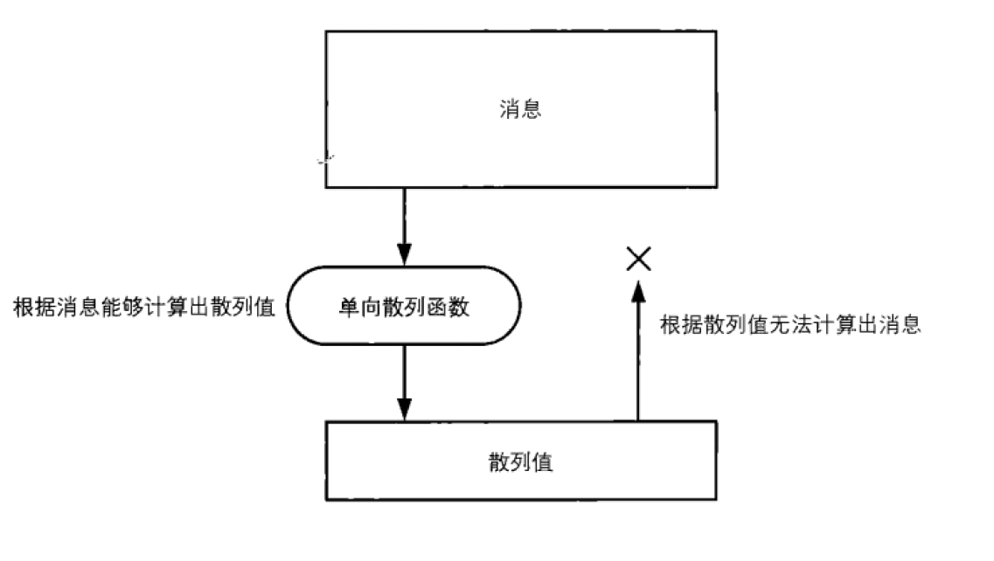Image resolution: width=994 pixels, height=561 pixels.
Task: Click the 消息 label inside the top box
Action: pyautogui.click(x=520, y=109)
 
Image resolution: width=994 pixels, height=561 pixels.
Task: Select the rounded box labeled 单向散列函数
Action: pyautogui.click(x=404, y=307)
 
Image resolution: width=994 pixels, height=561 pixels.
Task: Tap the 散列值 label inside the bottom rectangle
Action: pyautogui.click(x=520, y=461)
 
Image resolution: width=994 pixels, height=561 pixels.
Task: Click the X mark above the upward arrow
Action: pyautogui.click(x=639, y=258)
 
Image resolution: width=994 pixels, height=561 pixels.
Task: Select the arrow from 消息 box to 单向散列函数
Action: pyautogui.click(x=404, y=225)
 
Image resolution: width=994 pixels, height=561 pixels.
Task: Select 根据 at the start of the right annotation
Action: pyautogui.click(x=678, y=326)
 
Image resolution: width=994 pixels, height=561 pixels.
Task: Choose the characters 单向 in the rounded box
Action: pyautogui.click(x=357, y=308)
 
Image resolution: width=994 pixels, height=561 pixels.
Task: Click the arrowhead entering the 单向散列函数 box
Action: pyautogui.click(x=404, y=255)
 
